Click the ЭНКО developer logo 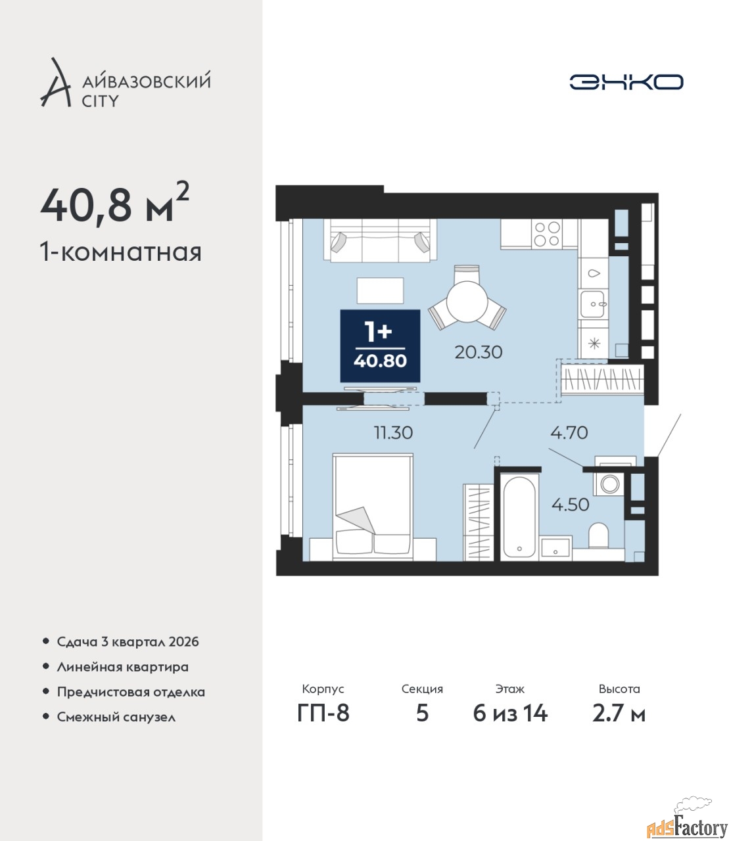(x=626, y=81)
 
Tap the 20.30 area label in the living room (x=479, y=352)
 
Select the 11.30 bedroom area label (x=393, y=433)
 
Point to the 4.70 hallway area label (x=569, y=432)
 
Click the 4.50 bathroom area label (x=571, y=505)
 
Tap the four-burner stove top (x=547, y=233)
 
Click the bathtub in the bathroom (x=519, y=516)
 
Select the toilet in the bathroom (x=598, y=535)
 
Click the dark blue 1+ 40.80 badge (x=380, y=346)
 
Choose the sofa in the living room (x=380, y=239)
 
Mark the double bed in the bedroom (x=373, y=507)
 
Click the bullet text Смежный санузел (x=116, y=717)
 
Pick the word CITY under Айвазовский (x=101, y=101)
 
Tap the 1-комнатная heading (x=121, y=252)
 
